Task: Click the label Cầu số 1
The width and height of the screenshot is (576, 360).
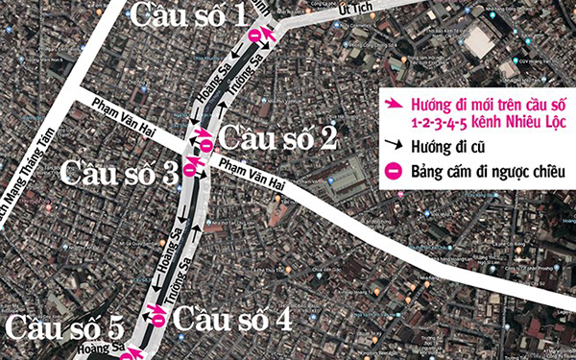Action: pos(189,14)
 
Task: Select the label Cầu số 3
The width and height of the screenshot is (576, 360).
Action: pos(120,173)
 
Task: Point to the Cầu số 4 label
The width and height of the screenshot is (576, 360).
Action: pos(235,319)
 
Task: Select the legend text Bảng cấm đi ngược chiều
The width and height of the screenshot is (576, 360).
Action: pos(486,173)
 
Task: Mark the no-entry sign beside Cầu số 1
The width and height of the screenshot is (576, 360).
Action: pos(254,36)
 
